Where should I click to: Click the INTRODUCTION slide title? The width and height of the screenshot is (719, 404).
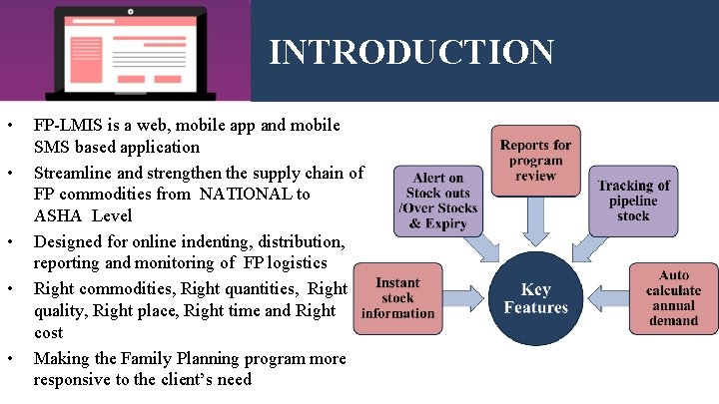click(x=410, y=52)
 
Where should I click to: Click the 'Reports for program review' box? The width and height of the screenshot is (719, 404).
click(x=535, y=160)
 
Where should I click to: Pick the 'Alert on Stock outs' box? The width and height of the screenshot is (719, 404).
click(x=441, y=201)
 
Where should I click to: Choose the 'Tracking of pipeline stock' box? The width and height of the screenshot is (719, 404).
click(x=633, y=200)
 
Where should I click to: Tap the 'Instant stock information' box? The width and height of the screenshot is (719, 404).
click(x=397, y=298)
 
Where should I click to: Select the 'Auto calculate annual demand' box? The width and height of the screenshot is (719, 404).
click(x=673, y=298)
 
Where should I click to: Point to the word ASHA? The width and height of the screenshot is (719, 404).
click(x=56, y=216)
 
